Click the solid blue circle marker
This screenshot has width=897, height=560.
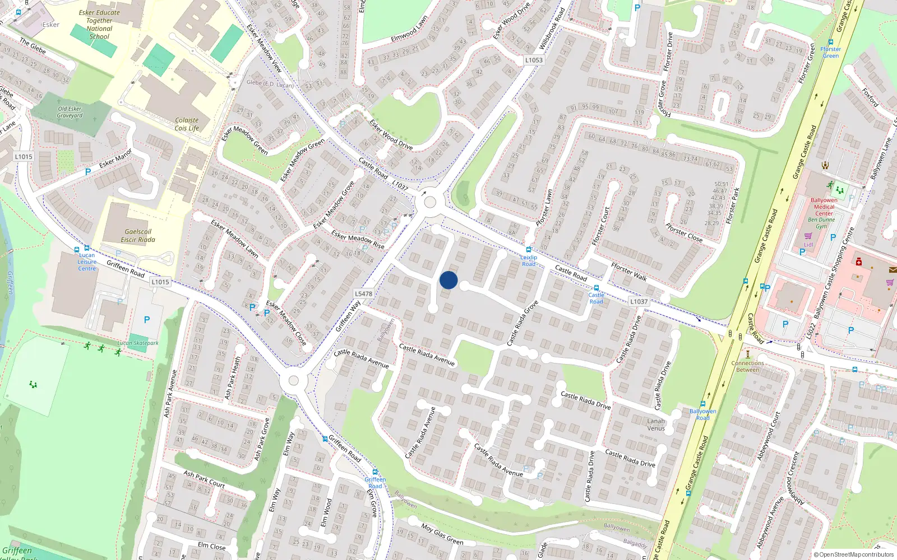coord(449,280)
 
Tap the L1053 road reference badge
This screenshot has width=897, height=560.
coord(534,60)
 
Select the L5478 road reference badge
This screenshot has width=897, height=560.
coord(363,293)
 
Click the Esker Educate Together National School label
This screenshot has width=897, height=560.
coord(99,25)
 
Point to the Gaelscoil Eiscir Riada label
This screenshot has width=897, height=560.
coord(138,236)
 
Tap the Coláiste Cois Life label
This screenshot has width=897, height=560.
coord(187,124)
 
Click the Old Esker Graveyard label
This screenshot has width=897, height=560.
coord(70,112)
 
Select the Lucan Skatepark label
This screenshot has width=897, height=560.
coord(138,343)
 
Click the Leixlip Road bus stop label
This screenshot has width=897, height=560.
coord(529,260)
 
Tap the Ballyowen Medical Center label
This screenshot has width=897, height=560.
coord(824,207)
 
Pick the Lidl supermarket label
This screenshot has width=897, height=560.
coord(808,245)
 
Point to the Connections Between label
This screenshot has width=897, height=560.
coord(747,366)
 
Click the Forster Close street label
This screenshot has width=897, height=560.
coord(683,232)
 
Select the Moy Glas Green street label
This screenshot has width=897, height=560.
coord(442,534)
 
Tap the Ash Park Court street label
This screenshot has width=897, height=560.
coord(204,479)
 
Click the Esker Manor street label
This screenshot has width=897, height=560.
coord(115,158)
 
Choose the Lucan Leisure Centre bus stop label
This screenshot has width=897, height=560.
coord(87,262)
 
